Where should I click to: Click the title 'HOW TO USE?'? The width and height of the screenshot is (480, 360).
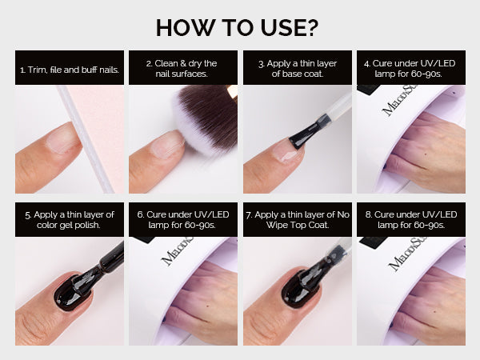point(238,28)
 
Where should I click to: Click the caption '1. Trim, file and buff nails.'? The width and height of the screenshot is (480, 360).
point(70,70)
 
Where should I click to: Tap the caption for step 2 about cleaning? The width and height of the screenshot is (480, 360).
point(182,68)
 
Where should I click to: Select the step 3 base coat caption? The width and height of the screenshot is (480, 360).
point(298,68)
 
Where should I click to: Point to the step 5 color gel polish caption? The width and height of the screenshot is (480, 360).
point(70,220)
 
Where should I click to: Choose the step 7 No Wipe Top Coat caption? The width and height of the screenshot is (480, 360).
point(298,220)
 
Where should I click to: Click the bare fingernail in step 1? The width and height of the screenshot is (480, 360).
point(63,138)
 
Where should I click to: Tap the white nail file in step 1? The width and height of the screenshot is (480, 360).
point(86,139)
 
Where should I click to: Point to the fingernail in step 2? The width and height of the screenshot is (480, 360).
point(168,144)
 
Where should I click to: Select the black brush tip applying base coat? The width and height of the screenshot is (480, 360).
point(305,133)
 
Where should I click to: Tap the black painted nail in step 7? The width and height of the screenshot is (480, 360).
point(300,287)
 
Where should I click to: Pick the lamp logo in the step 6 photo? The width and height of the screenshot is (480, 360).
point(178,251)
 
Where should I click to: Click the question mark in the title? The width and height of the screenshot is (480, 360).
point(311,28)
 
